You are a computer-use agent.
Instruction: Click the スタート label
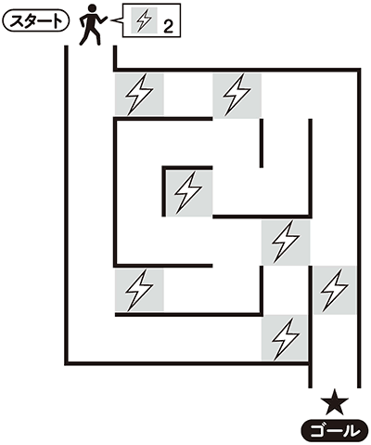click(35, 22)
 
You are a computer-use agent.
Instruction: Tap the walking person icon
click(93, 25)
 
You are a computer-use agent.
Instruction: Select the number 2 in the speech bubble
click(168, 27)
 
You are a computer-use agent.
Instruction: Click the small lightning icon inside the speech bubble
click(145, 20)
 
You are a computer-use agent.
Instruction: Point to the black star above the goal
click(335, 401)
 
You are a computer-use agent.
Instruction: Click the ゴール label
click(335, 431)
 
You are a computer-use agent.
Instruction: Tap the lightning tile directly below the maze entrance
click(139, 94)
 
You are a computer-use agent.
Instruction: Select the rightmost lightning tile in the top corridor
click(237, 96)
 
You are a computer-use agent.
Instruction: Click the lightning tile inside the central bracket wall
click(189, 193)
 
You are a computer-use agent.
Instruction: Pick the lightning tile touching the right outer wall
click(335, 290)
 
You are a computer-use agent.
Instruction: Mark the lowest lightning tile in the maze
click(285, 338)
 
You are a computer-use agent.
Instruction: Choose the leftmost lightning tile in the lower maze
click(139, 290)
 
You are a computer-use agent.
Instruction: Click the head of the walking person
click(92, 7)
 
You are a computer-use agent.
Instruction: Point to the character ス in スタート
click(15, 22)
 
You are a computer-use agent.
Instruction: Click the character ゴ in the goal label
click(317, 431)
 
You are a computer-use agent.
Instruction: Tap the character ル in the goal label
click(352, 431)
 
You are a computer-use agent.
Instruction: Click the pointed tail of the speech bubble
click(111, 20)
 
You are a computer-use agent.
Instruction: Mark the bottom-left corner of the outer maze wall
click(67, 363)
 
